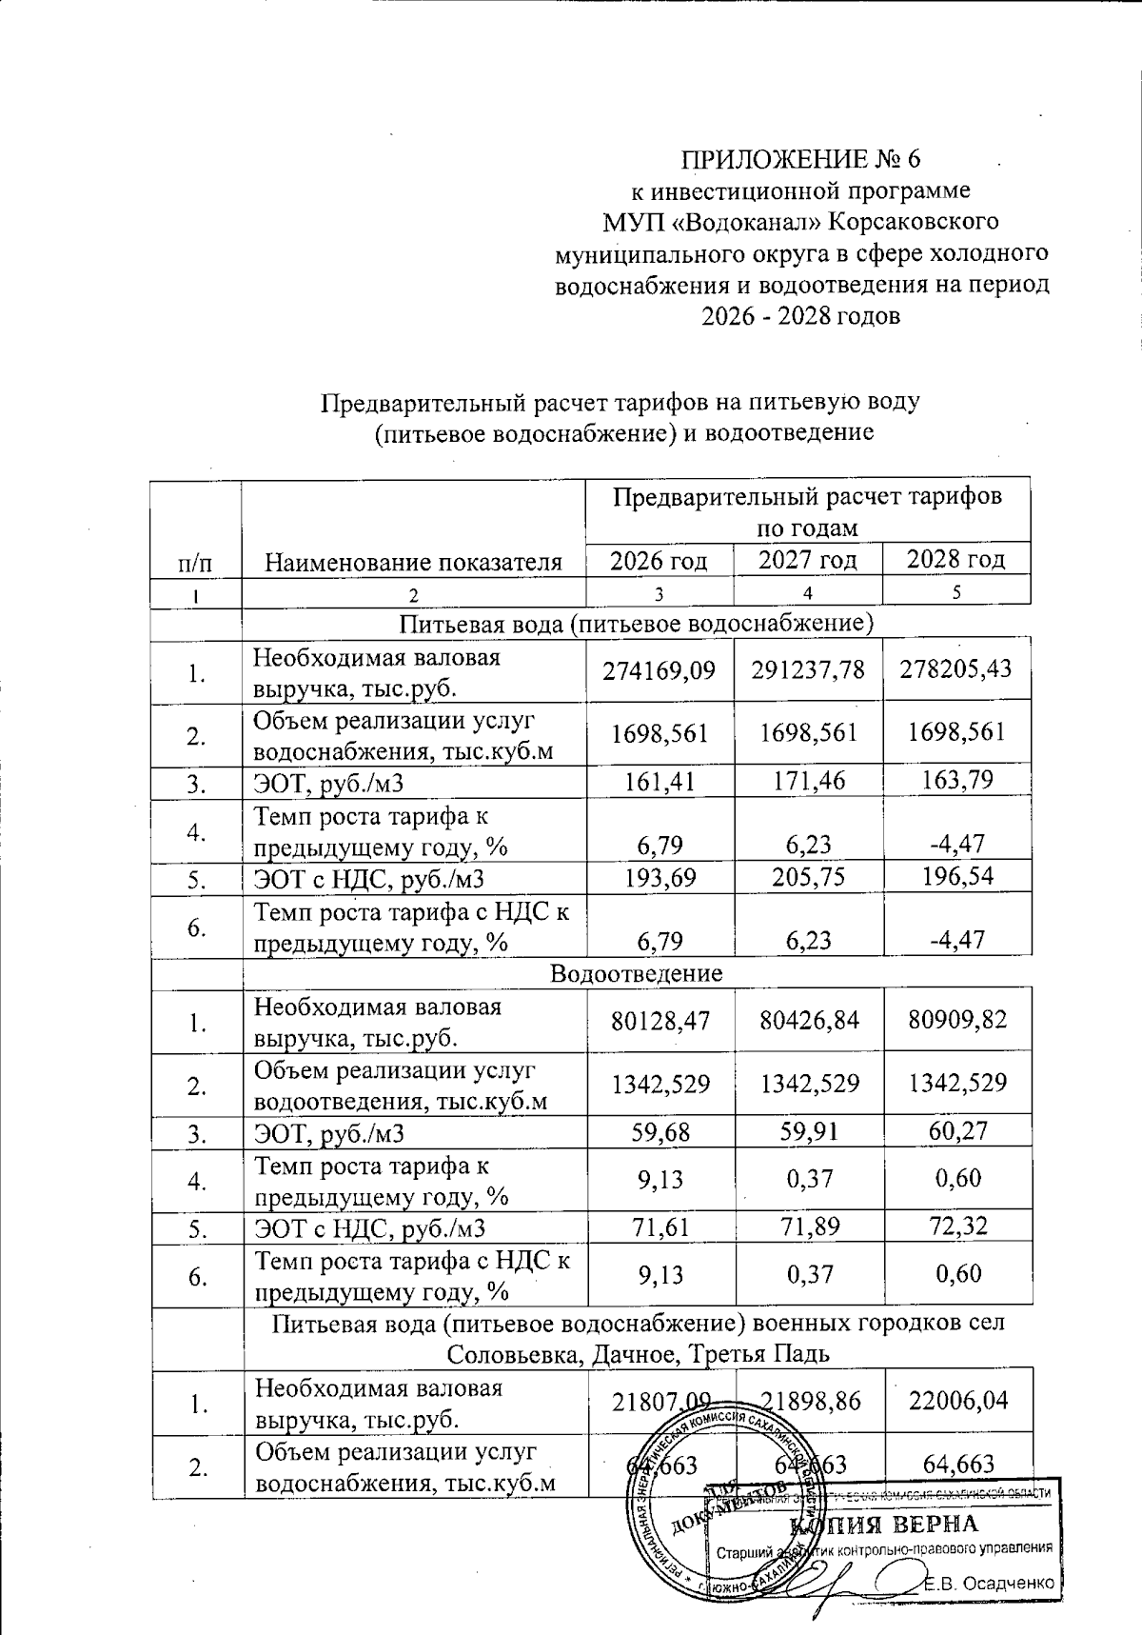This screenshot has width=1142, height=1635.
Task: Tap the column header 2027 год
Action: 808,559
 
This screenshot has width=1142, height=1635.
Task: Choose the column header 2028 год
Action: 956,559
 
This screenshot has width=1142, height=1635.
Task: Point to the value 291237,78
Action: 808,669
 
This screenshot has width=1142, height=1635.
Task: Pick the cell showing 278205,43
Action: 956,668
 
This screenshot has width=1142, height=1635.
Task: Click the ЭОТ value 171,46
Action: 809,782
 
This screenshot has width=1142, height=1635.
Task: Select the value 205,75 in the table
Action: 809,876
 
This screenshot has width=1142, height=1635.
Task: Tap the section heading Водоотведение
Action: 637,973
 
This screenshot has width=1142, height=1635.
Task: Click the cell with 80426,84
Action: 809,1021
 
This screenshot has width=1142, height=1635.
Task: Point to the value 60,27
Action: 956,1130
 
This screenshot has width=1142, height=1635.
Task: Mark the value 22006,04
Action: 956,1401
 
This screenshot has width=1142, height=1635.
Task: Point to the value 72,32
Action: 956,1225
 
